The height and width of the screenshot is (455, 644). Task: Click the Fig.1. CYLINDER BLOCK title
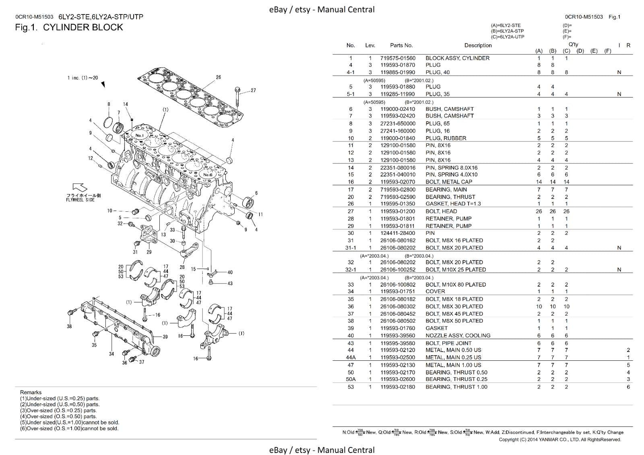click(x=69, y=27)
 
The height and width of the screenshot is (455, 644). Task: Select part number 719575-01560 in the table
click(x=398, y=58)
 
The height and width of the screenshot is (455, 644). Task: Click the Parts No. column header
click(x=401, y=45)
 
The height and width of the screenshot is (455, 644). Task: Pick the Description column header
click(x=478, y=45)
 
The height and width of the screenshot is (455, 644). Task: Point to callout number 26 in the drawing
click(x=218, y=77)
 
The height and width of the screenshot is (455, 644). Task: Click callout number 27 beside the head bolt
click(x=253, y=90)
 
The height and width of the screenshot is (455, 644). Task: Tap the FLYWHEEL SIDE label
click(x=80, y=200)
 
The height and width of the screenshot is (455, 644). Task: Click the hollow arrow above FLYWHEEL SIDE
click(x=80, y=187)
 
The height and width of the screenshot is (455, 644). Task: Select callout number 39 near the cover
click(x=165, y=337)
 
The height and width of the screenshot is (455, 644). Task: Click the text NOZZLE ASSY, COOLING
click(x=458, y=335)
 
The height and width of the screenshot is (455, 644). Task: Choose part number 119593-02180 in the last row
click(x=398, y=387)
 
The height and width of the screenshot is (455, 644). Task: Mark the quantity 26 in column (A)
click(x=539, y=211)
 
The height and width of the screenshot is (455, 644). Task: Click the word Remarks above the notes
click(x=31, y=392)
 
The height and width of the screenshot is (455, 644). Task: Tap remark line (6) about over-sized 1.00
click(x=69, y=428)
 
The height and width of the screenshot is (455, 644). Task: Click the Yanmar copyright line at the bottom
click(x=559, y=439)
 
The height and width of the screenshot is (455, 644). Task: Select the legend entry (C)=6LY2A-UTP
click(x=507, y=37)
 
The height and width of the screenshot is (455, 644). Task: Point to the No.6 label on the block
click(x=208, y=174)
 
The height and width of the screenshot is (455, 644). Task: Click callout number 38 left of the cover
click(x=69, y=326)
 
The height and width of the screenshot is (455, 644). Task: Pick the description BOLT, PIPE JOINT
click(x=448, y=343)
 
